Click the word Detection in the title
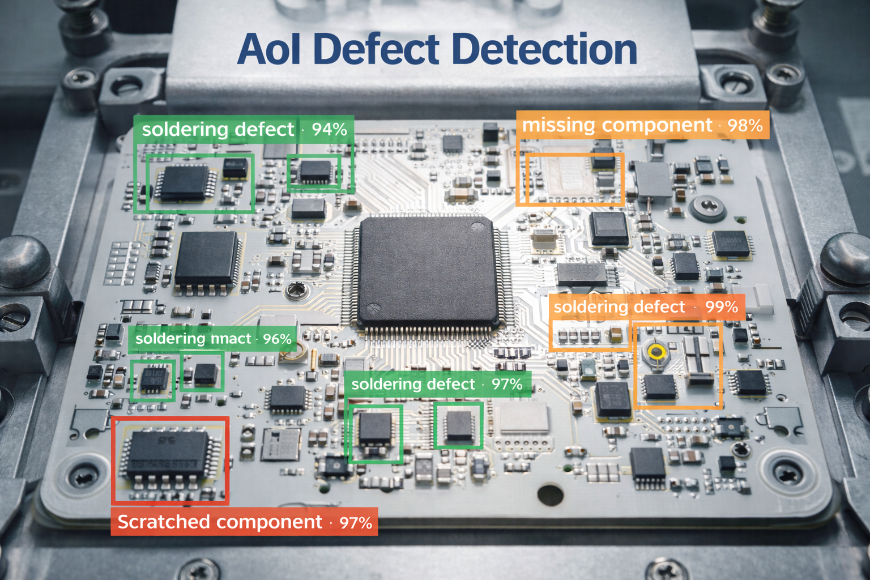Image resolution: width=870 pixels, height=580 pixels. point(545,49)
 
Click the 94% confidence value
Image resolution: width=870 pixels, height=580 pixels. point(329,129)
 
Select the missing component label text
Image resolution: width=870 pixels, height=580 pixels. point(617,125)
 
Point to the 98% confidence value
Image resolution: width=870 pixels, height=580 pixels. point(745,125)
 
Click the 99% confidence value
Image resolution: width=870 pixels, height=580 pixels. point(721,307)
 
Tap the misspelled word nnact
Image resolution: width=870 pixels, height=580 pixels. point(231,339)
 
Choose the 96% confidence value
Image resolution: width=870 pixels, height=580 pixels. point(277,339)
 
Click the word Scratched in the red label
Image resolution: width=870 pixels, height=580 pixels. point(163,522)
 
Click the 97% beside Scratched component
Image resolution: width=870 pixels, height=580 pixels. point(356,522)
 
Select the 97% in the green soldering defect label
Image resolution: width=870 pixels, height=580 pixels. point(506,385)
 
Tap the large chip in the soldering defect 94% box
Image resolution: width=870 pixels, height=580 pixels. point(182,182)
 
